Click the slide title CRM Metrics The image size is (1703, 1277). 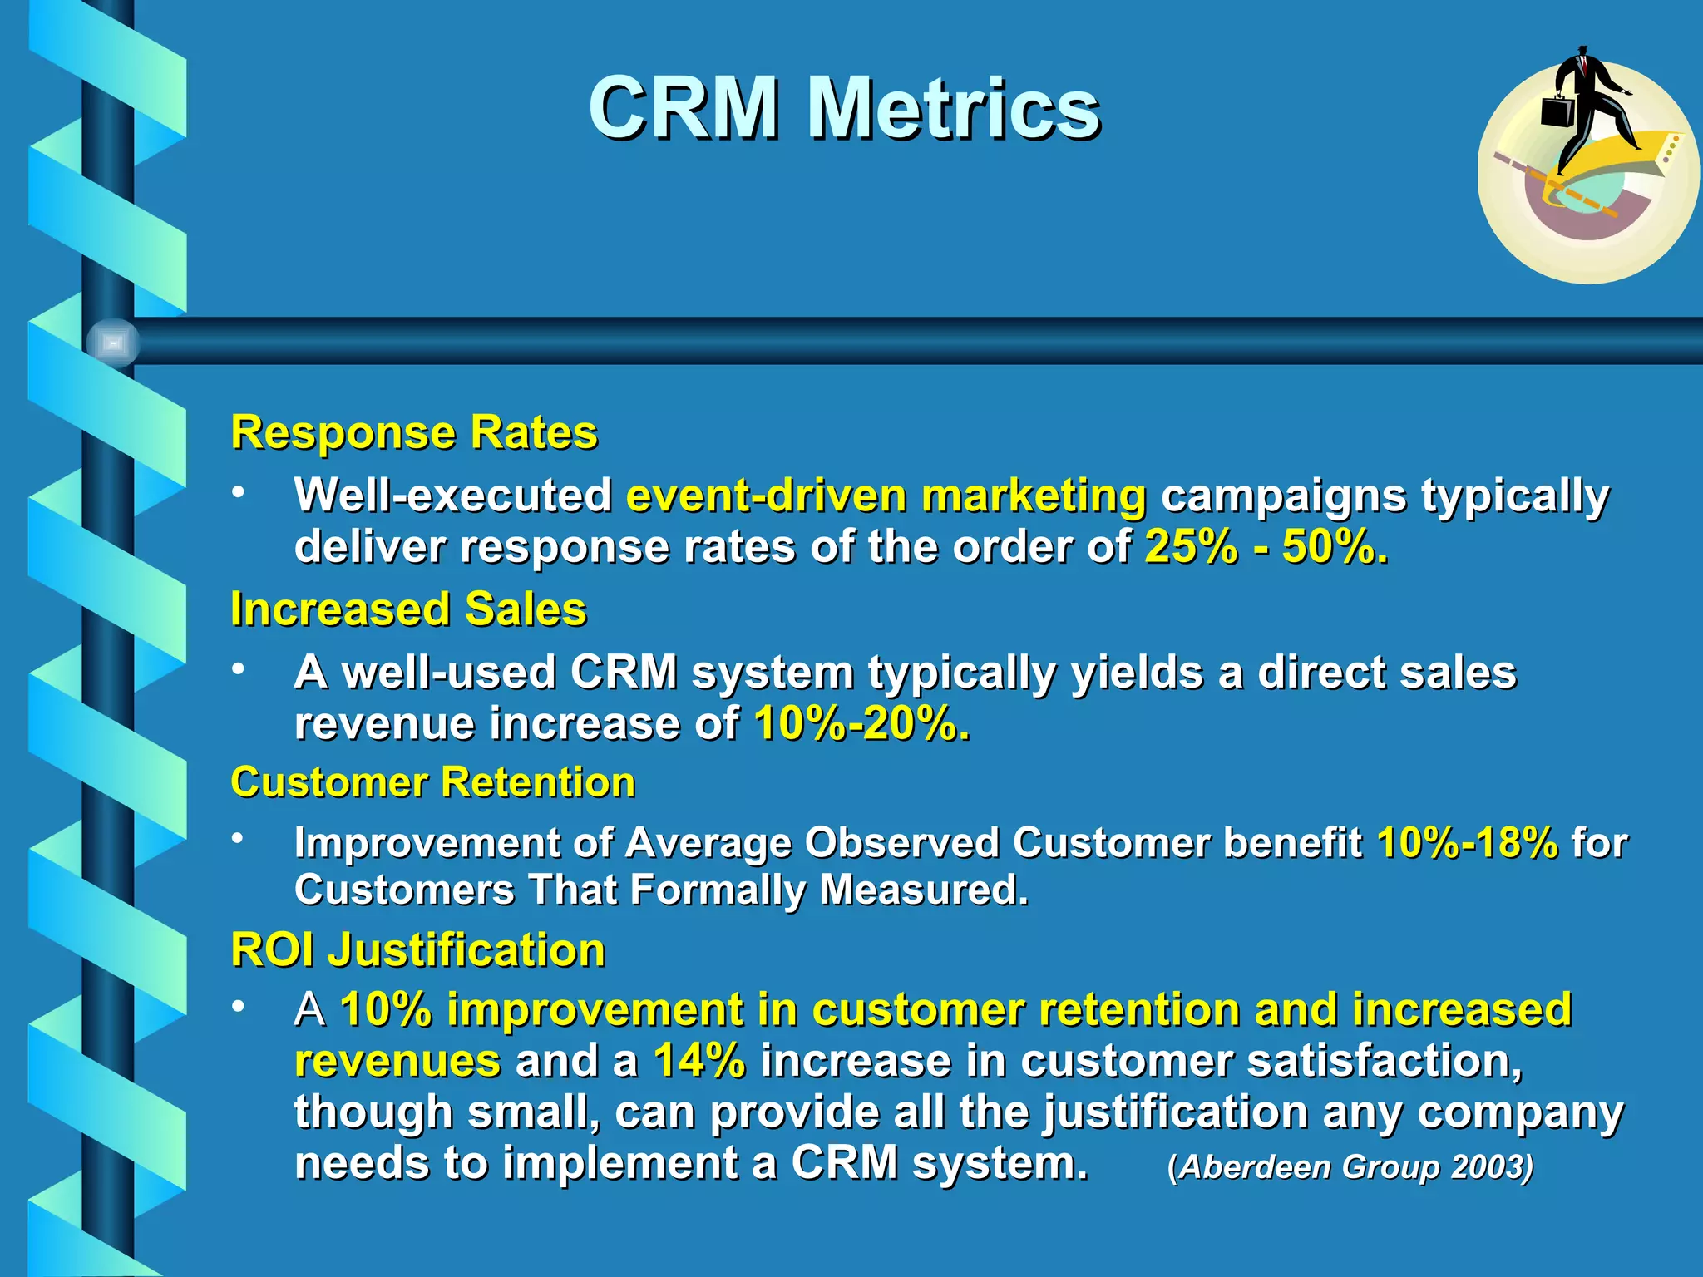click(x=844, y=108)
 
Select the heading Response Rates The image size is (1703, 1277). click(x=414, y=432)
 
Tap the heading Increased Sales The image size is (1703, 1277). click(x=408, y=609)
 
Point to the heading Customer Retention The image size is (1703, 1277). click(x=432, y=782)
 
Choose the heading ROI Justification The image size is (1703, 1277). click(x=417, y=949)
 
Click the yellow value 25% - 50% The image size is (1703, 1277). click(x=1266, y=547)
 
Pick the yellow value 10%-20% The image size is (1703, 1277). click(x=861, y=723)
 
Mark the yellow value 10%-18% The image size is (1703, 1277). click(x=1468, y=842)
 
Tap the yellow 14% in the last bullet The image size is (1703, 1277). click(x=699, y=1061)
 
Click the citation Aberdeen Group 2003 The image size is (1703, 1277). click(x=1350, y=1166)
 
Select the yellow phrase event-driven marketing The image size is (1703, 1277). click(x=886, y=496)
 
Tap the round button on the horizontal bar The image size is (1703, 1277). click(x=112, y=343)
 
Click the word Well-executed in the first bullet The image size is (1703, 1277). click(x=453, y=496)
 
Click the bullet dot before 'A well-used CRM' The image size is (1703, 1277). click(x=239, y=668)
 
